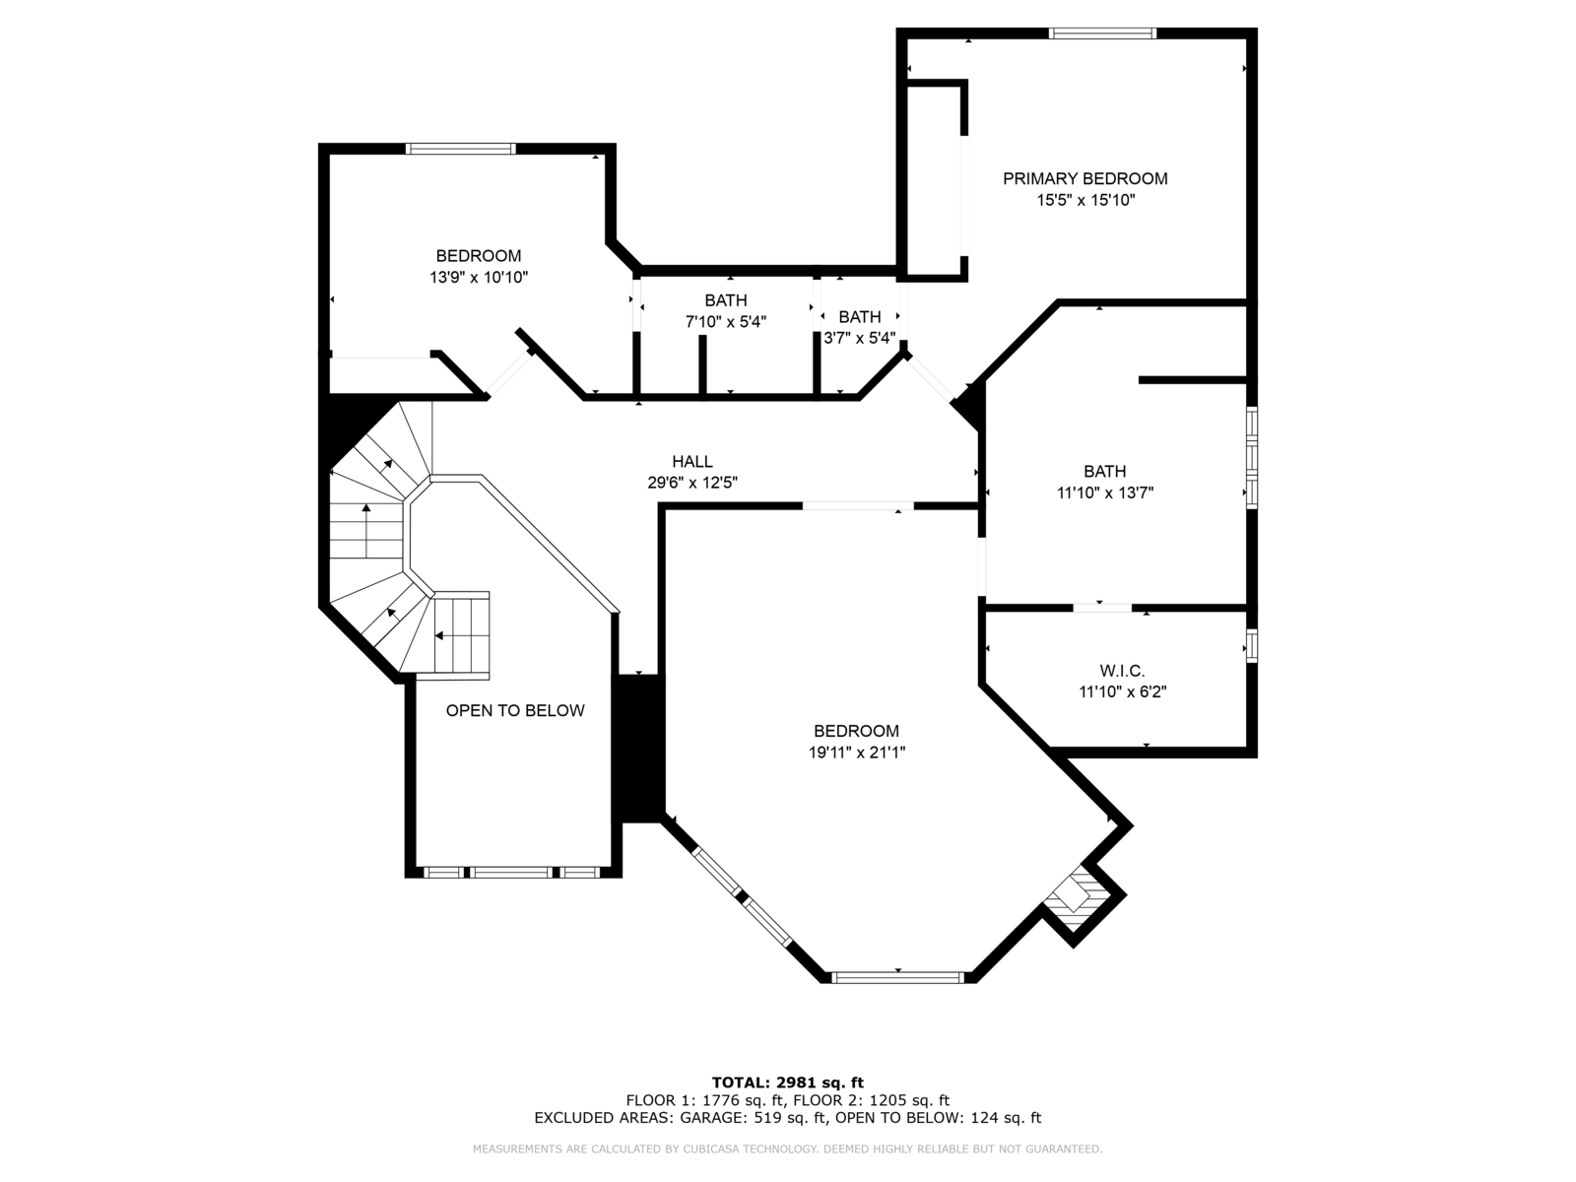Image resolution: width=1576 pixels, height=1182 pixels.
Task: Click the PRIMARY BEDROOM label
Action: coord(1084,178)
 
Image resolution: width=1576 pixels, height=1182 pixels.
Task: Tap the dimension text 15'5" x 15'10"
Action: coord(1084,200)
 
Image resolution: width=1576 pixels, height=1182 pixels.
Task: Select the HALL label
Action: coord(692,461)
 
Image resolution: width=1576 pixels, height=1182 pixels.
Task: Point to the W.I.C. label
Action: coord(1122,671)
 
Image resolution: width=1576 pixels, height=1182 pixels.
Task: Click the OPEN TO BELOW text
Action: coord(515,710)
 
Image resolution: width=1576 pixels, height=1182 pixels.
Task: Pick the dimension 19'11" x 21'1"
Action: coord(856,753)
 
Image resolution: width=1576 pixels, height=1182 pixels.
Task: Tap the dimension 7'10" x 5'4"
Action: coord(725,322)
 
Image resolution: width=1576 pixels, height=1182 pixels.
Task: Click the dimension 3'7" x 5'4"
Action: coord(860,338)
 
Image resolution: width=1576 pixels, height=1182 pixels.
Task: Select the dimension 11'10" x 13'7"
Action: coord(1105,493)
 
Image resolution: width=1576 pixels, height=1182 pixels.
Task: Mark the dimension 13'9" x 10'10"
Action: coord(478,278)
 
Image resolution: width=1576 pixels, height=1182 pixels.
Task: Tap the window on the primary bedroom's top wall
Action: coord(1102,33)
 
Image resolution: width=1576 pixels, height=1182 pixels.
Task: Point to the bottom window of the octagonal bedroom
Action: coord(897,977)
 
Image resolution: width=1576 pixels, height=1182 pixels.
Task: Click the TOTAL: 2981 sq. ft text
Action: coord(787,1083)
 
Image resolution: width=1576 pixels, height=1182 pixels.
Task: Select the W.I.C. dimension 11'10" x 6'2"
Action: coord(1122,692)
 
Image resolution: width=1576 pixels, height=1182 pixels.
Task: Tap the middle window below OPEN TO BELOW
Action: coord(512,873)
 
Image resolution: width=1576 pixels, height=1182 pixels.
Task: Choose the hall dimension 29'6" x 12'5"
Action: coord(692,483)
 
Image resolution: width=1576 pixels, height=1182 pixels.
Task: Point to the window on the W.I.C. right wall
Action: coord(1252,645)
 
